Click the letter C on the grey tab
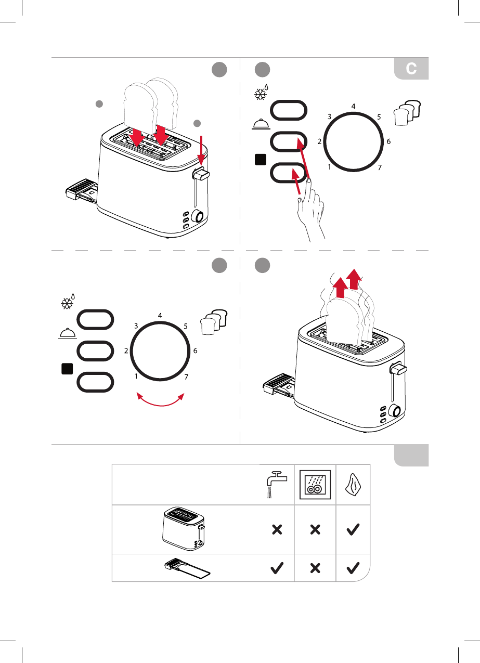click(x=411, y=69)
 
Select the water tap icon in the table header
click(x=275, y=484)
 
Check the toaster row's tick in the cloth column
click(x=353, y=529)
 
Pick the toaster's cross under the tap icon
click(x=277, y=529)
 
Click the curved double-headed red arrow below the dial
click(x=161, y=401)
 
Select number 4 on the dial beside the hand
click(x=354, y=106)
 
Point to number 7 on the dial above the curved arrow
click(x=186, y=376)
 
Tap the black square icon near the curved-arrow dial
click(x=67, y=369)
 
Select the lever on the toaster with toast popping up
click(x=399, y=370)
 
